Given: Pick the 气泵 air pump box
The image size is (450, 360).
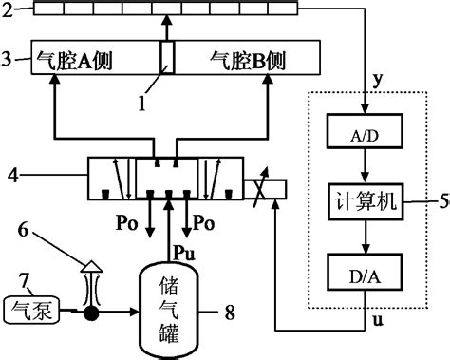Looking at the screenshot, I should (x=32, y=308).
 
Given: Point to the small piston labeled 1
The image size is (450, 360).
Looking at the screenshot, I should (x=167, y=55).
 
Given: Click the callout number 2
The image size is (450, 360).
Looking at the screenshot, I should (x=9, y=9).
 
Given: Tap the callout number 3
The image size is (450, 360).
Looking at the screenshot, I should (x=9, y=58).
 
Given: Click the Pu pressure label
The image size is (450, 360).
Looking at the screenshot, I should (x=184, y=249).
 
